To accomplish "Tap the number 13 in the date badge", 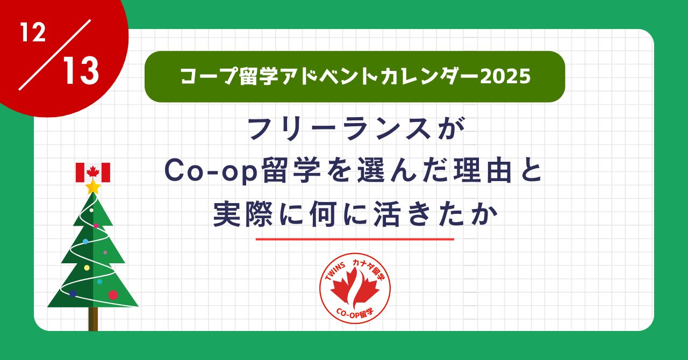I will coord(80,71).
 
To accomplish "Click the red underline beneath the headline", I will coord(355,239).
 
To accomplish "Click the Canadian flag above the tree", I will coord(93,172).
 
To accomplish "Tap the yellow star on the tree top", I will coord(93,187).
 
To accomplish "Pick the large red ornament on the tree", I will coord(113,294).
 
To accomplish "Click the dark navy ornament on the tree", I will coord(73,293).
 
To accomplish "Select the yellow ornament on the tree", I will coord(87,268).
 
